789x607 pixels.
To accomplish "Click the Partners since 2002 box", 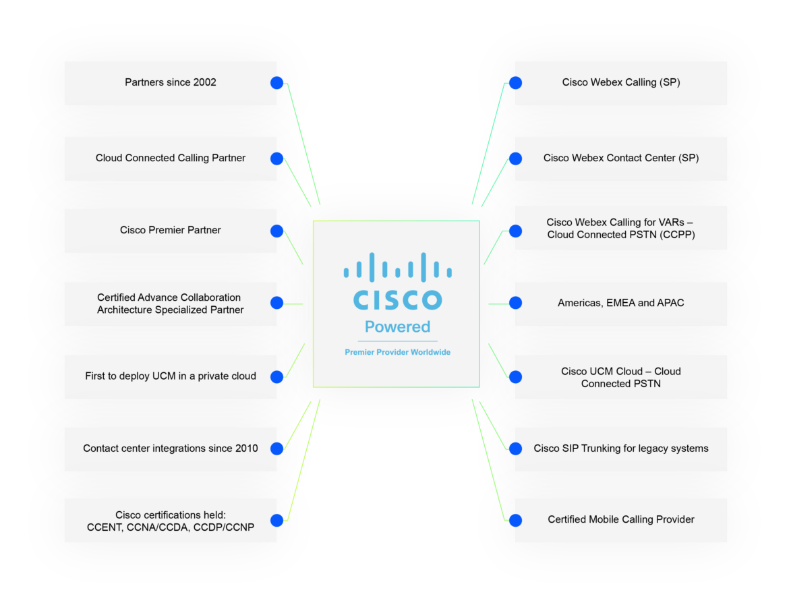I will tap(170, 83).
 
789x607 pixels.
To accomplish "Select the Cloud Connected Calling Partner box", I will tap(170, 158).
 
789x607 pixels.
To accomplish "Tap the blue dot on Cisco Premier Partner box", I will tap(277, 231).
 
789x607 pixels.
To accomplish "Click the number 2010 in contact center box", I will tap(247, 449).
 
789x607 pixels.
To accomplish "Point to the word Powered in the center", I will tap(397, 327).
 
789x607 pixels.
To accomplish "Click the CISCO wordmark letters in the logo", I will tap(397, 299).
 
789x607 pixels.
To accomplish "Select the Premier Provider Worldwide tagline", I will tap(397, 353).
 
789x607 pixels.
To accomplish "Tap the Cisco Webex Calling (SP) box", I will tap(620, 83).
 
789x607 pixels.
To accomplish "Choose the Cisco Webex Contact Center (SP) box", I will tap(620, 158).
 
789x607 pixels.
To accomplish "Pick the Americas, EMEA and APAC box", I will tap(620, 303).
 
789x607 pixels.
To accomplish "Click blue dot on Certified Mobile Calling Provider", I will tap(515, 520).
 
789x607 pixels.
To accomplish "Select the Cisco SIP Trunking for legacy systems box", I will tap(620, 449).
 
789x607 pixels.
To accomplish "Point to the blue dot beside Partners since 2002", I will tap(277, 83).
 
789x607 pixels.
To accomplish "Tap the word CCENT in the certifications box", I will tap(104, 527).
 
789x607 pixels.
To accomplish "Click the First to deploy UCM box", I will tap(170, 376).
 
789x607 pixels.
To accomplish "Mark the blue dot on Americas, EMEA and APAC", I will tap(515, 303).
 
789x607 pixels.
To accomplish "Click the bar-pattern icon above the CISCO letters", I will tap(397, 267).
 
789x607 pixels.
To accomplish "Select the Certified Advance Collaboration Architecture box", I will tap(170, 303).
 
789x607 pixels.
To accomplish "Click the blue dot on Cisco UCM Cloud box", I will tap(515, 376).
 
